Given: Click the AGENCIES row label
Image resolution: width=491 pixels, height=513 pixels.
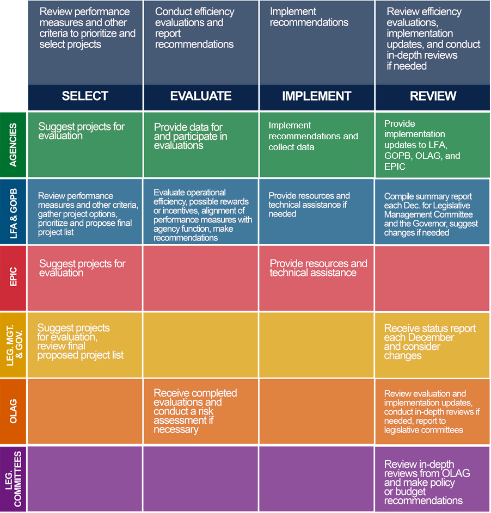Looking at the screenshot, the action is pos(13,145).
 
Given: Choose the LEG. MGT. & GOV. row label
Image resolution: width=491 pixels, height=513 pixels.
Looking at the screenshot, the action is pos(13,345).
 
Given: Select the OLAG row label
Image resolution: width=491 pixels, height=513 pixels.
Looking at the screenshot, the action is pos(13,411).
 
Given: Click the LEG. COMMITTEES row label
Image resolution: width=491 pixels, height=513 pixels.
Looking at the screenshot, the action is pos(13,479).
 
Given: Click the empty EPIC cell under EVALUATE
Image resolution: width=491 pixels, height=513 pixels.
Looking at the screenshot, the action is pos(201,278).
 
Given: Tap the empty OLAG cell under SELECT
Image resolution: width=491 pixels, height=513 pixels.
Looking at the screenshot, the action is pos(85,411).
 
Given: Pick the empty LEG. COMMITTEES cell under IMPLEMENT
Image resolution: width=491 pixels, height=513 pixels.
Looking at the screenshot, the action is pos(316,479).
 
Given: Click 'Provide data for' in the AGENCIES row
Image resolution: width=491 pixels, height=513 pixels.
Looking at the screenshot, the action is pos(188,127).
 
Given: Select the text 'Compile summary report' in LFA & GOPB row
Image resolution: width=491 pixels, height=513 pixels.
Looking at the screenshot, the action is pos(428,196).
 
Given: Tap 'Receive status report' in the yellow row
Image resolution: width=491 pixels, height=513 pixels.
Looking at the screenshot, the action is pos(430,328).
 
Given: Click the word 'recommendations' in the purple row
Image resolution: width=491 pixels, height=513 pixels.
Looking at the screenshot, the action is pos(424,500).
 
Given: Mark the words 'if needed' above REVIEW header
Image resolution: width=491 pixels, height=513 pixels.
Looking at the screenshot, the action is pos(407,66).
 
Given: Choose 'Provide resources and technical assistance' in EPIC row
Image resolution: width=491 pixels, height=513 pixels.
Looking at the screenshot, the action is pos(318,268).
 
